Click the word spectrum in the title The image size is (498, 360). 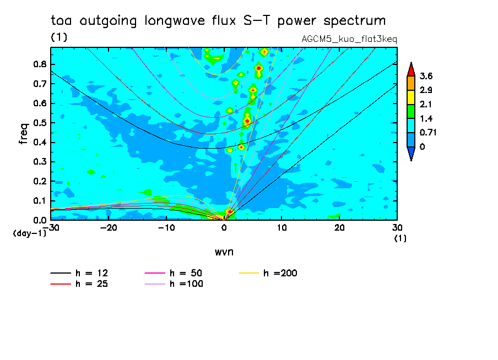tap(354, 21)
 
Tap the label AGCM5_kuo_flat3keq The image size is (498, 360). tap(349, 40)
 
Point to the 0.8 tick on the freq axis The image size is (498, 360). tap(40, 64)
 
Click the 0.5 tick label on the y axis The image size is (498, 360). tap(40, 123)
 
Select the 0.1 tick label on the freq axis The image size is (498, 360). tap(40, 201)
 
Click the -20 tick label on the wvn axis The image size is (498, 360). tap(109, 228)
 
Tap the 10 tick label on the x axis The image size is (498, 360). tap(282, 228)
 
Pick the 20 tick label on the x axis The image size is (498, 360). tap(339, 228)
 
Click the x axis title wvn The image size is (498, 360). tap(224, 252)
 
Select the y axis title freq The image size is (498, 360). tap(24, 134)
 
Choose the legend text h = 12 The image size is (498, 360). tap(92, 273)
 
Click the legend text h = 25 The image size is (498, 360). tap(92, 283)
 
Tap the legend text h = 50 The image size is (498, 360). tap(186, 273)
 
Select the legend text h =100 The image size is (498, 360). tap(186, 283)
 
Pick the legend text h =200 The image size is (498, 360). tap(280, 273)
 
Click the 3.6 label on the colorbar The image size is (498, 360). tap(426, 76)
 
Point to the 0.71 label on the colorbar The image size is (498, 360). tap(428, 133)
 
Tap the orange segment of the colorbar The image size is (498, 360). tap(411, 83)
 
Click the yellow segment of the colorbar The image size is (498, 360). tap(411, 97)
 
